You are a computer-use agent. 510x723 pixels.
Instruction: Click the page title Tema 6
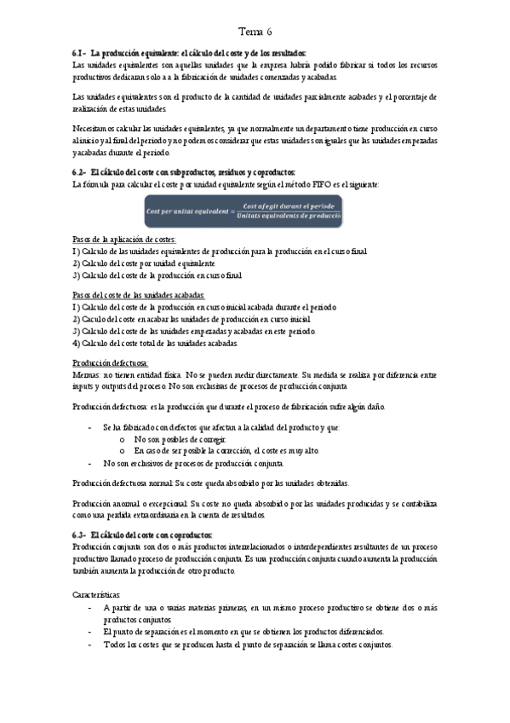[255, 32]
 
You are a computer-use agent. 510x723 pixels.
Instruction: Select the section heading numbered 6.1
[190, 53]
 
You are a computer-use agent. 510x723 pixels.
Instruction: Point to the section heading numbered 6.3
[143, 535]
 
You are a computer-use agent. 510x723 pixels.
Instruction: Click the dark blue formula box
[244, 211]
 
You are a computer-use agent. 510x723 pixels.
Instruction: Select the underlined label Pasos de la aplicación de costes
[124, 240]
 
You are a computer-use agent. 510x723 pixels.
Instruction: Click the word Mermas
[86, 374]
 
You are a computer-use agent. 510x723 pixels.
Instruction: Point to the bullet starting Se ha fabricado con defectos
[221, 426]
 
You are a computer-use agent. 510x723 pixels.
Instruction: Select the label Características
[97, 593]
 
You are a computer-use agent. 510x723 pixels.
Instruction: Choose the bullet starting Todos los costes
[247, 645]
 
